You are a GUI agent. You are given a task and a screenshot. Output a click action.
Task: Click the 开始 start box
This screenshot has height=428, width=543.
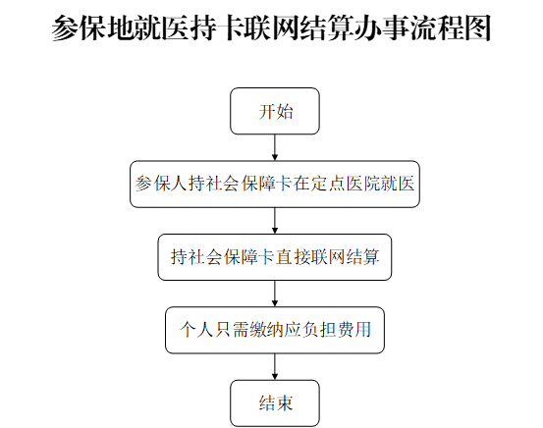point(275,111)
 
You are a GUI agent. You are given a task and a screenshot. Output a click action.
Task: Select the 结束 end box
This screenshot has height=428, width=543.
point(275,403)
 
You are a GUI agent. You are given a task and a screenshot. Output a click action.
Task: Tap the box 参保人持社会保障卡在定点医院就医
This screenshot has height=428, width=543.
point(275,185)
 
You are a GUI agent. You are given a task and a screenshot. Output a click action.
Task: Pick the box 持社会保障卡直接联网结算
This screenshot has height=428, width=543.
point(275,257)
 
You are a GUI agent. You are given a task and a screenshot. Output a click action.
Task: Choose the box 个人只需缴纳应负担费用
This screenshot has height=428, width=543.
point(275,330)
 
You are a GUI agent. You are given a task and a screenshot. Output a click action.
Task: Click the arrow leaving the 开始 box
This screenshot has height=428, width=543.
point(275,147)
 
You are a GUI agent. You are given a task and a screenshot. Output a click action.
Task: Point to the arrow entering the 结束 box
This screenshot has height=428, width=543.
point(275,367)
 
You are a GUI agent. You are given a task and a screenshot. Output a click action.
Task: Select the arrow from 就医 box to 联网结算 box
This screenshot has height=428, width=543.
point(275,221)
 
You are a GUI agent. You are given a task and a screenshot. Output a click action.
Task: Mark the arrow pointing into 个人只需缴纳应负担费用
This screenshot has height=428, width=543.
point(275,294)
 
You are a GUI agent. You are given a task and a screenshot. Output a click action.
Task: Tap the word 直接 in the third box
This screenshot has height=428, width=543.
point(293,257)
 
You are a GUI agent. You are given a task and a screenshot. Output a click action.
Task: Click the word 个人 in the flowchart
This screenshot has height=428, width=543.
point(196,330)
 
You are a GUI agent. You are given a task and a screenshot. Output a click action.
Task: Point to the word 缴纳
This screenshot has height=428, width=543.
point(266,330)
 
